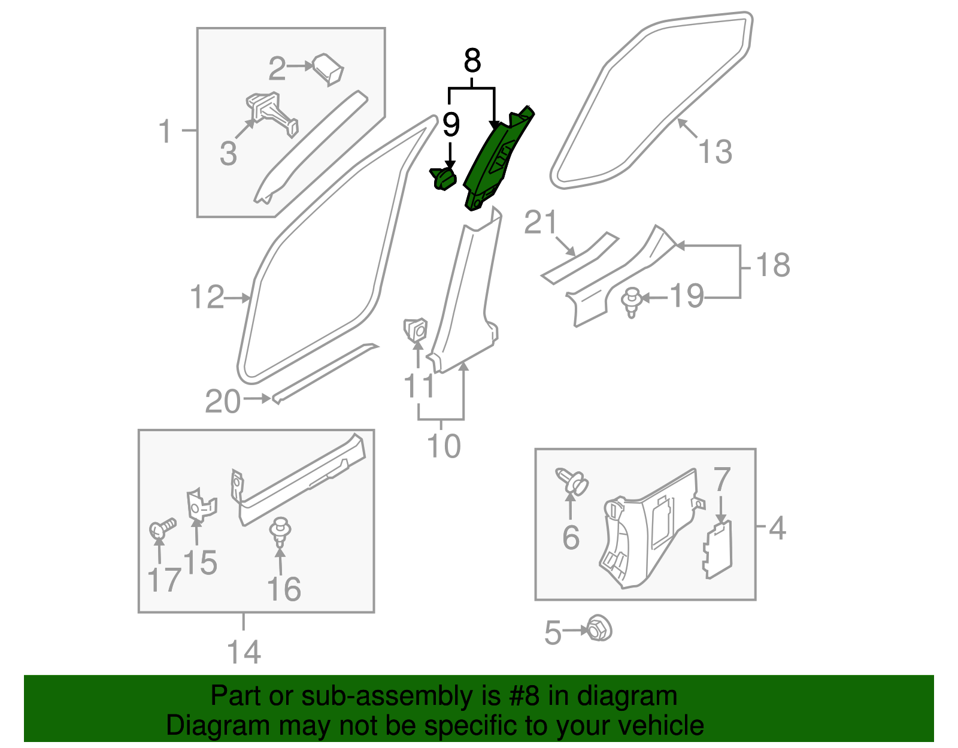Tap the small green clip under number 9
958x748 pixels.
[444, 178]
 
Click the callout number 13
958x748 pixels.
[715, 152]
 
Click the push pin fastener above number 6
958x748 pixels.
[572, 481]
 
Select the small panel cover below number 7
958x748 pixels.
[717, 550]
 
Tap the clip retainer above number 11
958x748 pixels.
[416, 331]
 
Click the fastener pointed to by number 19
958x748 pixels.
[631, 301]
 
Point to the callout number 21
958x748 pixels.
[541, 222]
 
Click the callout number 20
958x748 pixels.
[222, 401]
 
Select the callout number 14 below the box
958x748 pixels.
[244, 652]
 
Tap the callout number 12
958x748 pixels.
[207, 297]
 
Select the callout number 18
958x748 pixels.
[773, 265]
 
